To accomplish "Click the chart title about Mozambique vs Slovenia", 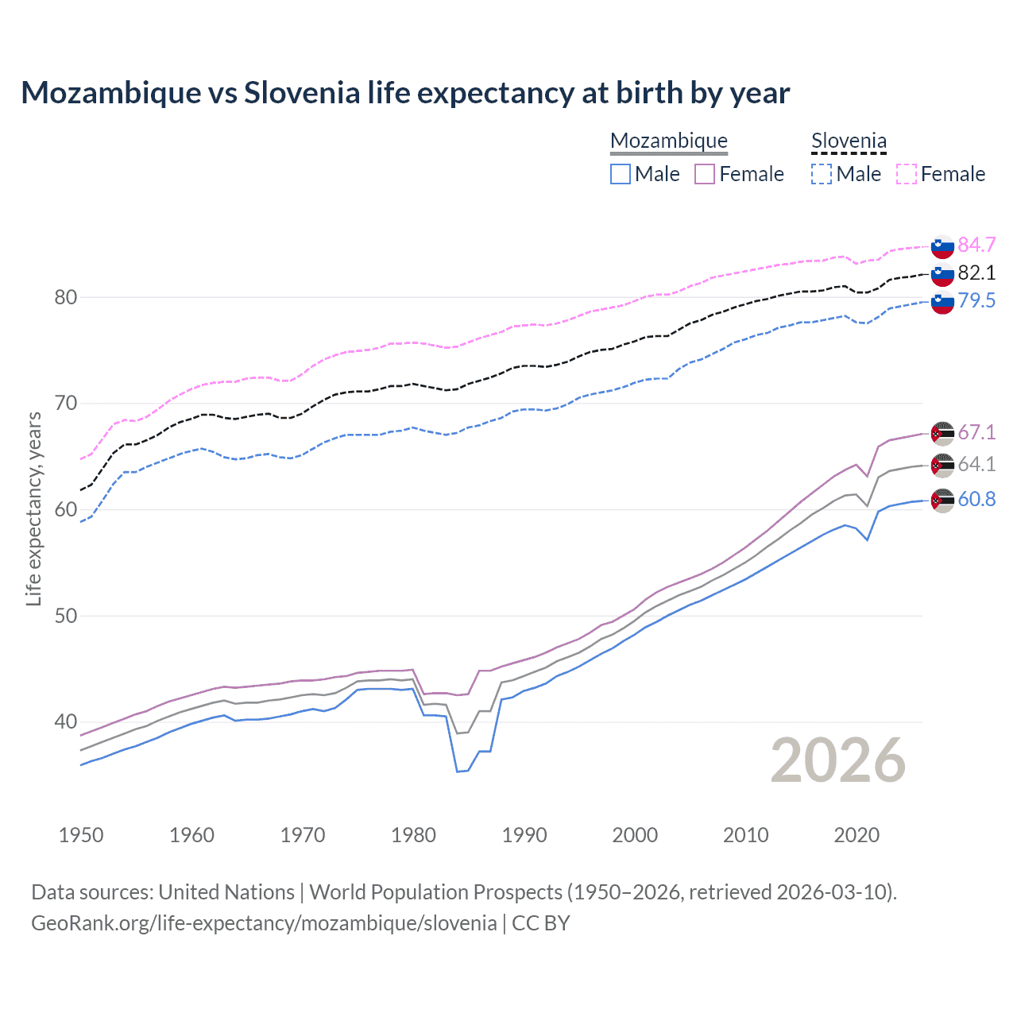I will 405,93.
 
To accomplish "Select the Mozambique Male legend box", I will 621,174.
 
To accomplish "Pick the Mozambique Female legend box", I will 705,174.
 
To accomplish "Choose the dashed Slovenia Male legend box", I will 822,174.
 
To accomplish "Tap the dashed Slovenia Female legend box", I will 907,174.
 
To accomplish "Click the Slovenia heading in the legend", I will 849,141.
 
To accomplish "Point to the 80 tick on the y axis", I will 65,298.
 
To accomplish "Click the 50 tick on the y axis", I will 65,617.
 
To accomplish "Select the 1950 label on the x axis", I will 81,835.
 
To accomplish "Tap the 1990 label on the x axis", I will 524,835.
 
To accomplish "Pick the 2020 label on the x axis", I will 857,835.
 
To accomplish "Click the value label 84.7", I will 976,245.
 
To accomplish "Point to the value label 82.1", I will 976,273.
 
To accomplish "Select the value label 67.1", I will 976,432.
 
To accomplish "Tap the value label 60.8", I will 976,499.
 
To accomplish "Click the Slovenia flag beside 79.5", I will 942,302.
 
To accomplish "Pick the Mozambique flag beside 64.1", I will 942,466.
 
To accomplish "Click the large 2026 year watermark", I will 838,760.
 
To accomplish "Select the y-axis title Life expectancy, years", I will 33,508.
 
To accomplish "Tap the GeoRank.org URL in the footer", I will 264,923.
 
